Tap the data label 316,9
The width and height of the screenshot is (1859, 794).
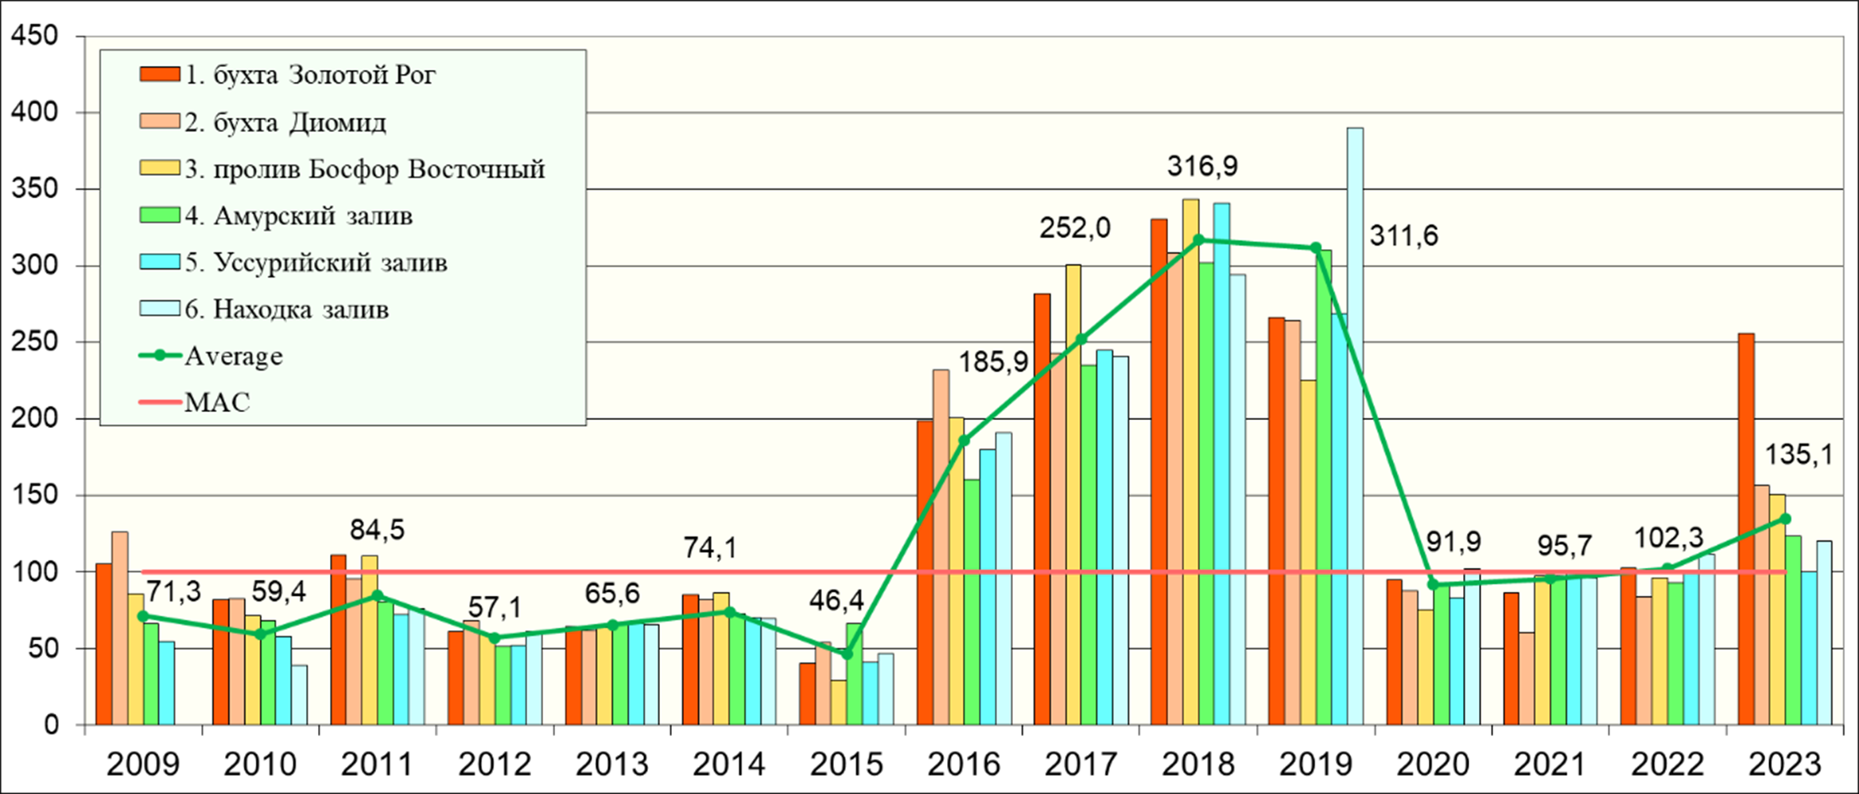click(x=1202, y=166)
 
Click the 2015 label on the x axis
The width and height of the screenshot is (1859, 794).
click(x=846, y=765)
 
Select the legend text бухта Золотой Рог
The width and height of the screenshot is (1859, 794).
click(x=310, y=75)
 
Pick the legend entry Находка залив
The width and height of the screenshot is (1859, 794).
click(x=286, y=309)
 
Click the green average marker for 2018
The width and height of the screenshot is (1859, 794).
click(x=1198, y=239)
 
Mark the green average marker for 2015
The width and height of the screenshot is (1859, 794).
click(x=847, y=654)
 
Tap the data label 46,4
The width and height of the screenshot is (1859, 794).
click(x=836, y=601)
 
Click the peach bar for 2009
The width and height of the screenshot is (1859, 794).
click(x=120, y=629)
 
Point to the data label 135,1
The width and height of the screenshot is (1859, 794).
click(x=1799, y=455)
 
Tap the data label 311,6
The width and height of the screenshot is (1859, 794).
click(x=1403, y=236)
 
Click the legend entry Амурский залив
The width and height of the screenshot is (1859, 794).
click(x=298, y=216)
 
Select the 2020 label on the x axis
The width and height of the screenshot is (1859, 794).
click(x=1433, y=765)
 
